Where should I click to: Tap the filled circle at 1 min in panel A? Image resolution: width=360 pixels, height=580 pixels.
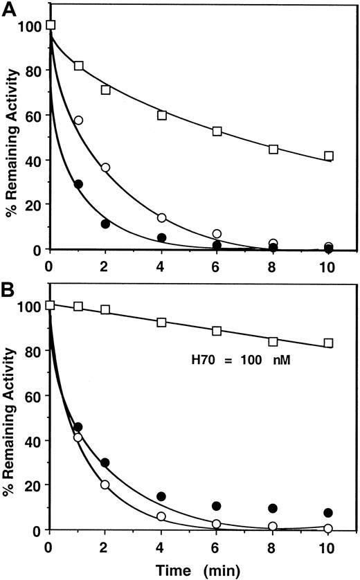click(78, 184)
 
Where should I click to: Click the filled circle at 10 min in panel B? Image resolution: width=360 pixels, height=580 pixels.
click(329, 513)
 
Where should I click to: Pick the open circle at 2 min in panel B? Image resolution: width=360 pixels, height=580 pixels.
click(106, 484)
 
